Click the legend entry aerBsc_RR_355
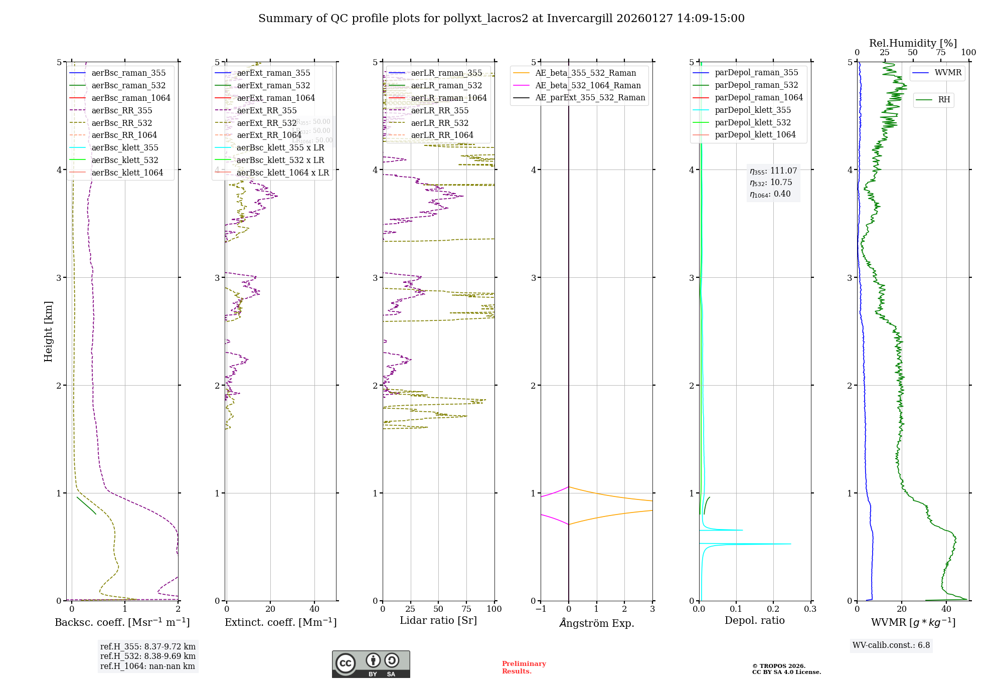122,110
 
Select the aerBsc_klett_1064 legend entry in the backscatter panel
127,173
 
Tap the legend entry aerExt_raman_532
273,85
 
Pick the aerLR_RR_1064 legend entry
442,135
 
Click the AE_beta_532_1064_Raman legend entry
588,85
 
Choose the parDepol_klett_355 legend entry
752,110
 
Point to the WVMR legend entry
948,73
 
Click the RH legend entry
944,100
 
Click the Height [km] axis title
48,331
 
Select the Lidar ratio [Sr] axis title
438,620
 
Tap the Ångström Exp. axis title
597,623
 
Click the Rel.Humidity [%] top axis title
913,43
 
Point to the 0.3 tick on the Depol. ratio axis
810,609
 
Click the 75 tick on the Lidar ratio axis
466,609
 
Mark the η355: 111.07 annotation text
773,171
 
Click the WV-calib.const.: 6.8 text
891,645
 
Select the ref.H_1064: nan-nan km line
147,666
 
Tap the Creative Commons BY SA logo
371,664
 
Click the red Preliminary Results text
524,667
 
